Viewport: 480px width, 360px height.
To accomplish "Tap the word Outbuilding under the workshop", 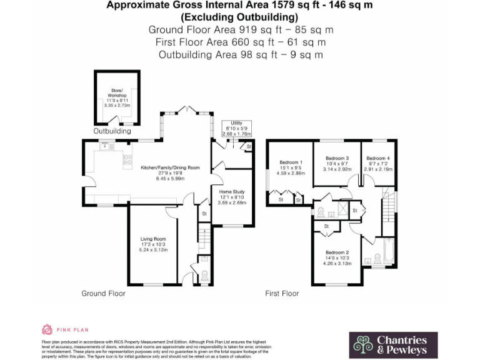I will point(112,132).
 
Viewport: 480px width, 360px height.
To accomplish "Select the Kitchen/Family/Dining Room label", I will point(169,167).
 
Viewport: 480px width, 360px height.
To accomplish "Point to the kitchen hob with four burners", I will point(128,159).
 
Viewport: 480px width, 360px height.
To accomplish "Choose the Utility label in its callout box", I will point(236,124).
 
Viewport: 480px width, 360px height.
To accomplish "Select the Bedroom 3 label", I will point(337,159).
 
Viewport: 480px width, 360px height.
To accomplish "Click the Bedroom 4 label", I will point(378,159).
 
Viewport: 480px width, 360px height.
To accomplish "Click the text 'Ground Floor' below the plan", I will point(103,293).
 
